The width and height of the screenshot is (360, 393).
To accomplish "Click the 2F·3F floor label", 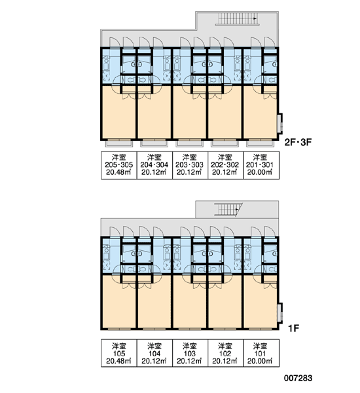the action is click(x=298, y=142).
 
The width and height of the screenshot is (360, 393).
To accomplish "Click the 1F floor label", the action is click(x=294, y=328).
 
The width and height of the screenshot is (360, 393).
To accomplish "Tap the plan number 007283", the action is click(x=298, y=378).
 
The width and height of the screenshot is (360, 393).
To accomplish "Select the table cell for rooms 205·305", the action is click(x=119, y=165).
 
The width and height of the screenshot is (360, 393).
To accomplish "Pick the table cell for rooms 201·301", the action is click(x=261, y=165).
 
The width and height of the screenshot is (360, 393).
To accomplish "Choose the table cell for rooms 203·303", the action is click(x=190, y=165).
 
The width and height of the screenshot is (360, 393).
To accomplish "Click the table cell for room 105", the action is click(x=119, y=353).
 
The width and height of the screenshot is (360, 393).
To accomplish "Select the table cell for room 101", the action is click(x=261, y=353).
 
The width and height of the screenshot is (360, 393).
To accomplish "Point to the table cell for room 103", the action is click(x=190, y=353).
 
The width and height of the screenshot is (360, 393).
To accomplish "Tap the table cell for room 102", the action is click(x=226, y=353).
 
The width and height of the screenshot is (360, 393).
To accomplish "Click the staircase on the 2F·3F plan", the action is click(x=237, y=19).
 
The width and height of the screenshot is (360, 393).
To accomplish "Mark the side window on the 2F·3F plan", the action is click(x=280, y=123).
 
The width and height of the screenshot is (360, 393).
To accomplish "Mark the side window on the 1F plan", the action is click(x=280, y=312).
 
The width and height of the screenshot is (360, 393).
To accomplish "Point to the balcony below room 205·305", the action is click(x=118, y=143).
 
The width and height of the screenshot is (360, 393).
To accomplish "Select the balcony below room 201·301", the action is click(x=260, y=143).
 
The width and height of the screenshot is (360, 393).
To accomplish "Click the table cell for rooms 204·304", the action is click(x=154, y=165).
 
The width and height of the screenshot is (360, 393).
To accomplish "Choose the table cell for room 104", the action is click(x=154, y=353).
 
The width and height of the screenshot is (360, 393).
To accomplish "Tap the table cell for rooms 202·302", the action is click(x=226, y=165).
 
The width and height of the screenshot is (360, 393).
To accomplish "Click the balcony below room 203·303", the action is click(x=189, y=143).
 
